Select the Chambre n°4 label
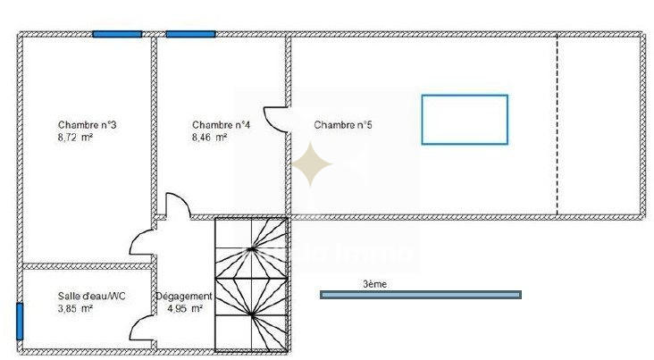pos(221,125)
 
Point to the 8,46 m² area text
pos(209,138)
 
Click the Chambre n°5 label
pos(343,125)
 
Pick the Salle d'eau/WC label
pos(82,296)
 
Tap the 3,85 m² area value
pos(74,308)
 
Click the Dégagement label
pos(184,297)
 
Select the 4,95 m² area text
pos(185,309)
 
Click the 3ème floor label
pos(374,284)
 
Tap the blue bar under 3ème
pos(420,294)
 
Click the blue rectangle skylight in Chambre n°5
pos(464,119)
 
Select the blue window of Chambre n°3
pos(117,34)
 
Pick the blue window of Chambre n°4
pos(190,34)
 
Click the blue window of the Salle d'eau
pos(19,322)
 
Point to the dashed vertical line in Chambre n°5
pos(558,125)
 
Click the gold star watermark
pos(313,164)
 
